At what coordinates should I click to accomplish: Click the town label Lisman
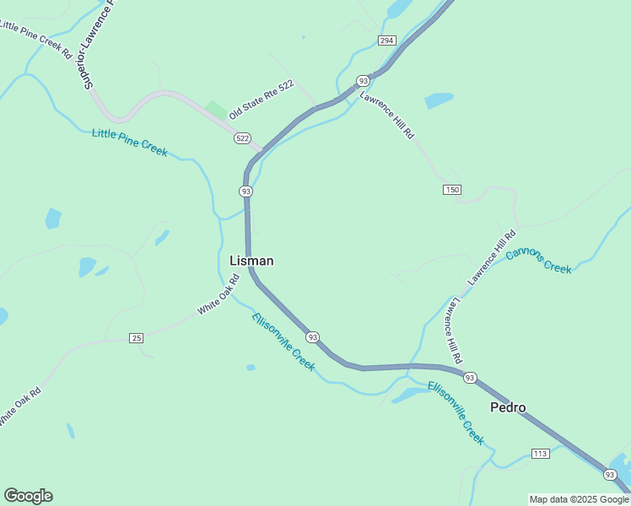251,261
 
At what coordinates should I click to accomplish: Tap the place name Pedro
508,408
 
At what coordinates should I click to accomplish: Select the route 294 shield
387,40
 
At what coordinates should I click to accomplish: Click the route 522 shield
243,137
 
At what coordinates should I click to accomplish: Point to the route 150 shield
452,190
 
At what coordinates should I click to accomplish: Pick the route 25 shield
137,338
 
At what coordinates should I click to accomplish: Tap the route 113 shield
541,454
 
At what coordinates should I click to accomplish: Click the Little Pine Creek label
130,143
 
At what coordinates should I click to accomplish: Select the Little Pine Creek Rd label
36,39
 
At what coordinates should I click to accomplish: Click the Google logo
28,496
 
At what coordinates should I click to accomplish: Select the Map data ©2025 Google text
580,499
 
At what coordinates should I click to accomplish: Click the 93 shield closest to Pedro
470,377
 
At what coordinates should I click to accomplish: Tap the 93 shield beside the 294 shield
363,80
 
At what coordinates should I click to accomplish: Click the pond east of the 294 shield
439,101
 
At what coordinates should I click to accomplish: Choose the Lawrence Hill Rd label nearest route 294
388,114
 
